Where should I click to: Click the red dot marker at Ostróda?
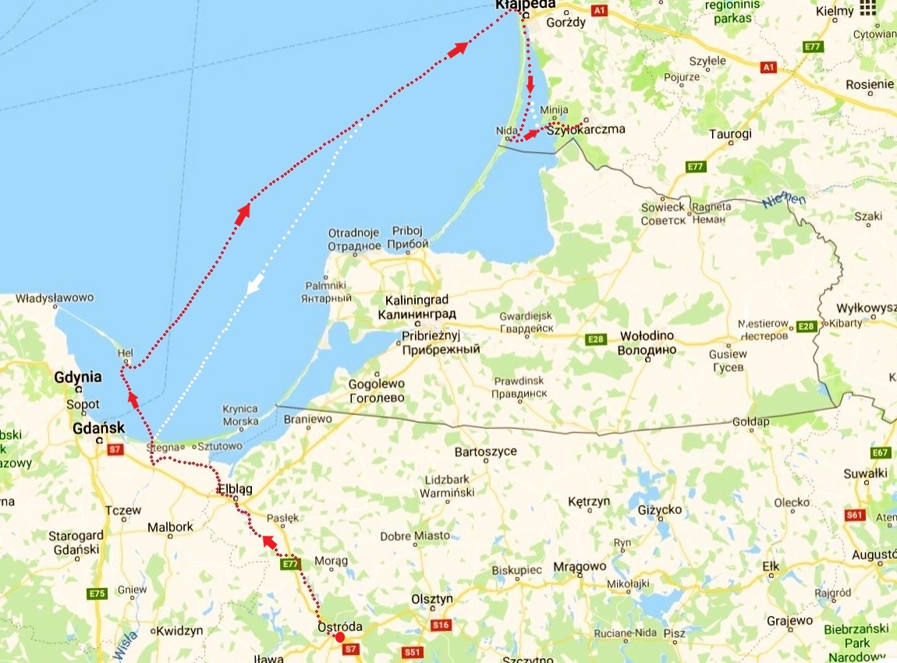(x=339, y=637)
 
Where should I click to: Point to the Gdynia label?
(x=78, y=377)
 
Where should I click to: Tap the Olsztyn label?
(x=432, y=599)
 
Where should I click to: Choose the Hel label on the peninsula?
(x=125, y=353)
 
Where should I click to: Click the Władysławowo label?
(x=55, y=298)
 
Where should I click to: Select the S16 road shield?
(x=441, y=625)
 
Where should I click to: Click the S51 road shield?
(x=413, y=651)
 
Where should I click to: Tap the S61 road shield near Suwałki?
(x=856, y=515)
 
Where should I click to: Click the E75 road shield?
(x=97, y=594)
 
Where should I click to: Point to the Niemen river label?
(x=784, y=200)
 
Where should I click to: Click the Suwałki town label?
(x=866, y=473)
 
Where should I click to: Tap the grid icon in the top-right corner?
(x=867, y=9)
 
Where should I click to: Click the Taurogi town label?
(x=730, y=134)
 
